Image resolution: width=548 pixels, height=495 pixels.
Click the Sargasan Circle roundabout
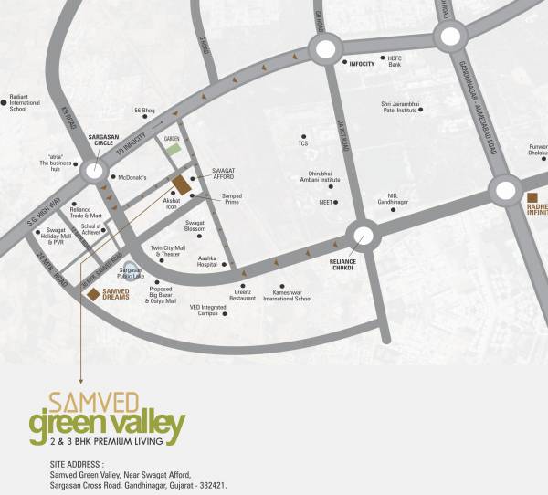(94, 171)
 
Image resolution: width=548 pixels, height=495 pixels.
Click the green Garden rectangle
(173, 149)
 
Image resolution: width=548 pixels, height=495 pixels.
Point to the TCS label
(303, 143)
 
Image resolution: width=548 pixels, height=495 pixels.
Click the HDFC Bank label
(395, 62)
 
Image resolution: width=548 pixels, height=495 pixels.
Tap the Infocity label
(362, 64)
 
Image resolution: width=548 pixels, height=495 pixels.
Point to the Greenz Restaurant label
(242, 295)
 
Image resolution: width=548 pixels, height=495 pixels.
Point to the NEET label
(324, 201)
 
